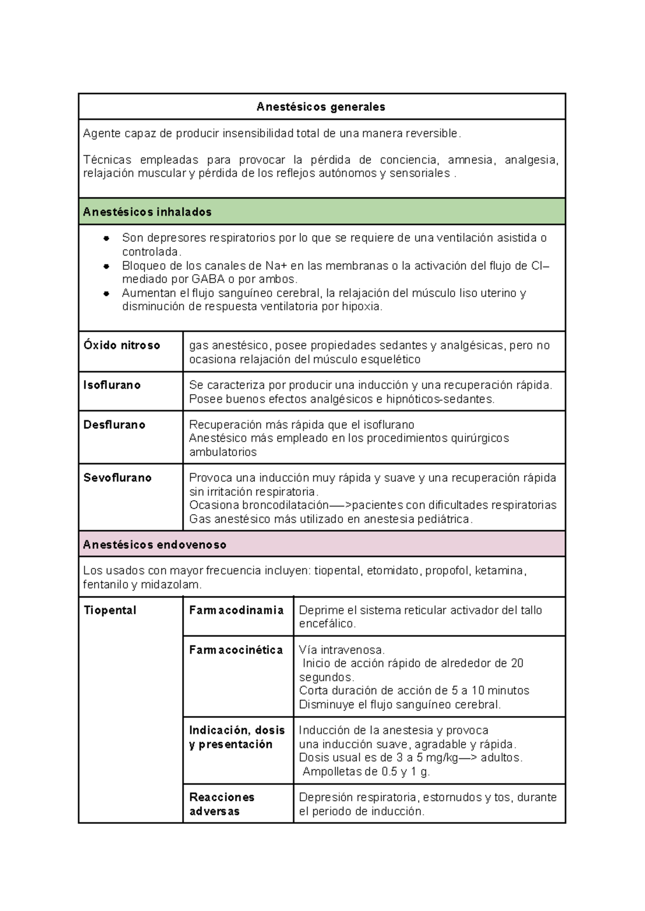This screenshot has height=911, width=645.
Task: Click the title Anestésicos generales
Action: pyautogui.click(x=321, y=107)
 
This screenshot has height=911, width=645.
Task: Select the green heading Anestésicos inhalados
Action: pyautogui.click(x=147, y=212)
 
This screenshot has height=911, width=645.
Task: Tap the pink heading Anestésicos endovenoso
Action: pyautogui.click(x=155, y=545)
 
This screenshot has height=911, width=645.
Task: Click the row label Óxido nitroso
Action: pyautogui.click(x=122, y=345)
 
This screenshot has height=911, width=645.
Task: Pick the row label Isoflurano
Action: pyautogui.click(x=112, y=385)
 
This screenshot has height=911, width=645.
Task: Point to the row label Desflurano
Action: pyautogui.click(x=114, y=425)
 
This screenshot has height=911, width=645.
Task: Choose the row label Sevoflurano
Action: pyautogui.click(x=118, y=478)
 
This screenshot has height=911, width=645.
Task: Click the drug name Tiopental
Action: pyautogui.click(x=110, y=610)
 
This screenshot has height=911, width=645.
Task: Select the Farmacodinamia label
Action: pyautogui.click(x=236, y=610)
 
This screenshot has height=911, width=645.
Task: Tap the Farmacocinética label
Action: pyautogui.click(x=236, y=650)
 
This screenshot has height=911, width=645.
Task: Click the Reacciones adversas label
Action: pyautogui.click(x=221, y=804)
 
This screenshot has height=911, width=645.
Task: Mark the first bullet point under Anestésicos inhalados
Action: pyautogui.click(x=106, y=238)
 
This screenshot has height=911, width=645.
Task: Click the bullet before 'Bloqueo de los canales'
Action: pyautogui.click(x=106, y=266)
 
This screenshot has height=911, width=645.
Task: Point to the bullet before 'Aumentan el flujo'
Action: pyautogui.click(x=106, y=294)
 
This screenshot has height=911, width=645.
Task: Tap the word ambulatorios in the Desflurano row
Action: pyautogui.click(x=223, y=452)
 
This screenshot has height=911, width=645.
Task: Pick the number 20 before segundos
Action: pyautogui.click(x=517, y=663)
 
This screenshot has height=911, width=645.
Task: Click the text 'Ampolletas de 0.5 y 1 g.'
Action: pyautogui.click(x=366, y=772)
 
